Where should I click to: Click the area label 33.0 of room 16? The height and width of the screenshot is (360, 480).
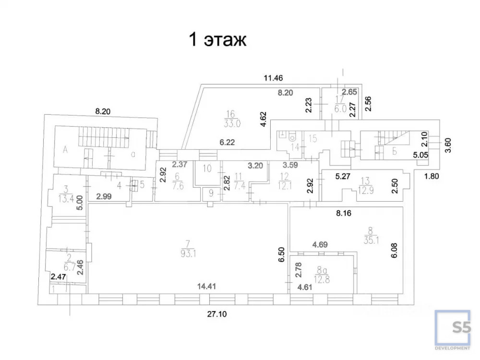(230, 122)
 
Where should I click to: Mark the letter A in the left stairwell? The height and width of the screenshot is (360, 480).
(64, 149)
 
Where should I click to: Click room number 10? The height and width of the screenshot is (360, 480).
(207, 168)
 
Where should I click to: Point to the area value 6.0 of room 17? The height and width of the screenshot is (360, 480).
(340, 109)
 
